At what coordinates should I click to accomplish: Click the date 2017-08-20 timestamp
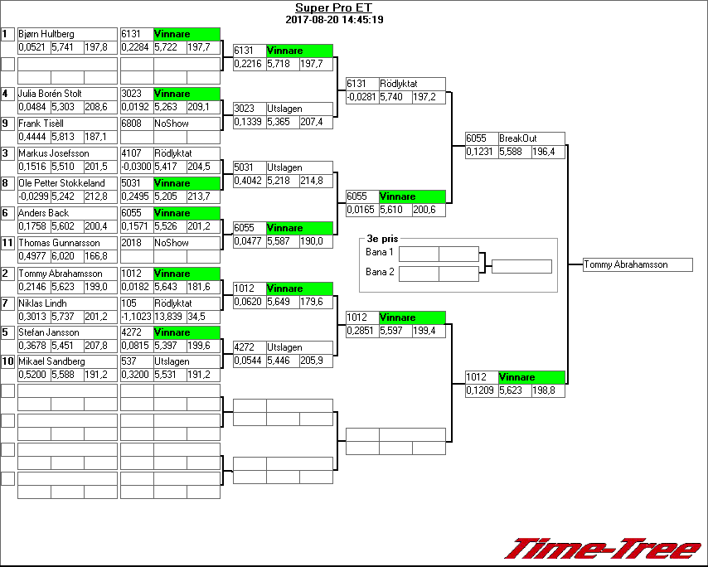(334, 19)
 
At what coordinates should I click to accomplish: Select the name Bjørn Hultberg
(46, 34)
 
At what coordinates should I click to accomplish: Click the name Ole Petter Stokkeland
(61, 183)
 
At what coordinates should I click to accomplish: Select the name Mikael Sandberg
(51, 361)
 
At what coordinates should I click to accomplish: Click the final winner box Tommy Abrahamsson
(637, 265)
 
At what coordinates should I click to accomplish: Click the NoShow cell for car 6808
(172, 124)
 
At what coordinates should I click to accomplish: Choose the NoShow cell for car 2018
(172, 243)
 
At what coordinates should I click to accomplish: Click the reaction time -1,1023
(137, 317)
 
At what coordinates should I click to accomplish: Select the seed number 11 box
(8, 243)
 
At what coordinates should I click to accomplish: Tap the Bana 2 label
(380, 272)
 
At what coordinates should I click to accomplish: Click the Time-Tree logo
(603, 549)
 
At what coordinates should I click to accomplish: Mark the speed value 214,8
(316, 181)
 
